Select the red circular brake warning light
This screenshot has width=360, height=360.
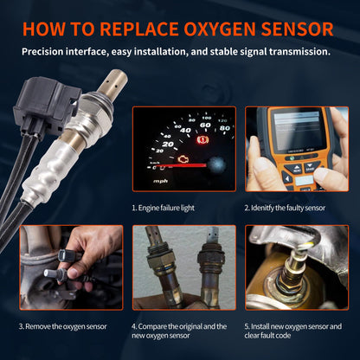205,138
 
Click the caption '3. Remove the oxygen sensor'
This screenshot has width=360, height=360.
66,326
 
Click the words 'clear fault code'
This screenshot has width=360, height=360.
282,337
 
